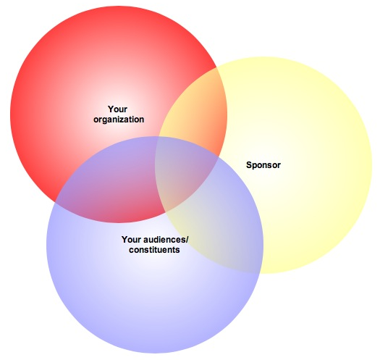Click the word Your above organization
[117, 109]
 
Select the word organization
[119, 120]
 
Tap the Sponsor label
[263, 165]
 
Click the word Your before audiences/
[132, 240]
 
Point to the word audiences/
[166, 240]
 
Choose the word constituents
[154, 250]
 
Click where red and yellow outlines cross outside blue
[216, 67]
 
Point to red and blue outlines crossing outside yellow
[56, 201]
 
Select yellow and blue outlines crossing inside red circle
[159, 137]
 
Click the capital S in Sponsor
[249, 165]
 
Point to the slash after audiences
[187, 240]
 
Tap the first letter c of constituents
[131, 251]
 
